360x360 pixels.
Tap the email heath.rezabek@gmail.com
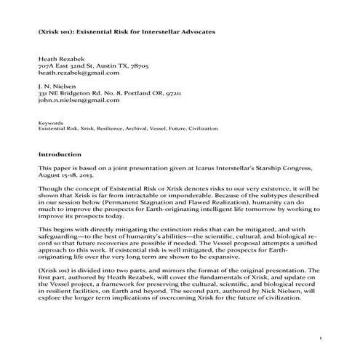(x=79, y=73)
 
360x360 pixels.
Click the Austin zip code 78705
(x=138, y=65)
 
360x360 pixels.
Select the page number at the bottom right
(x=320, y=340)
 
